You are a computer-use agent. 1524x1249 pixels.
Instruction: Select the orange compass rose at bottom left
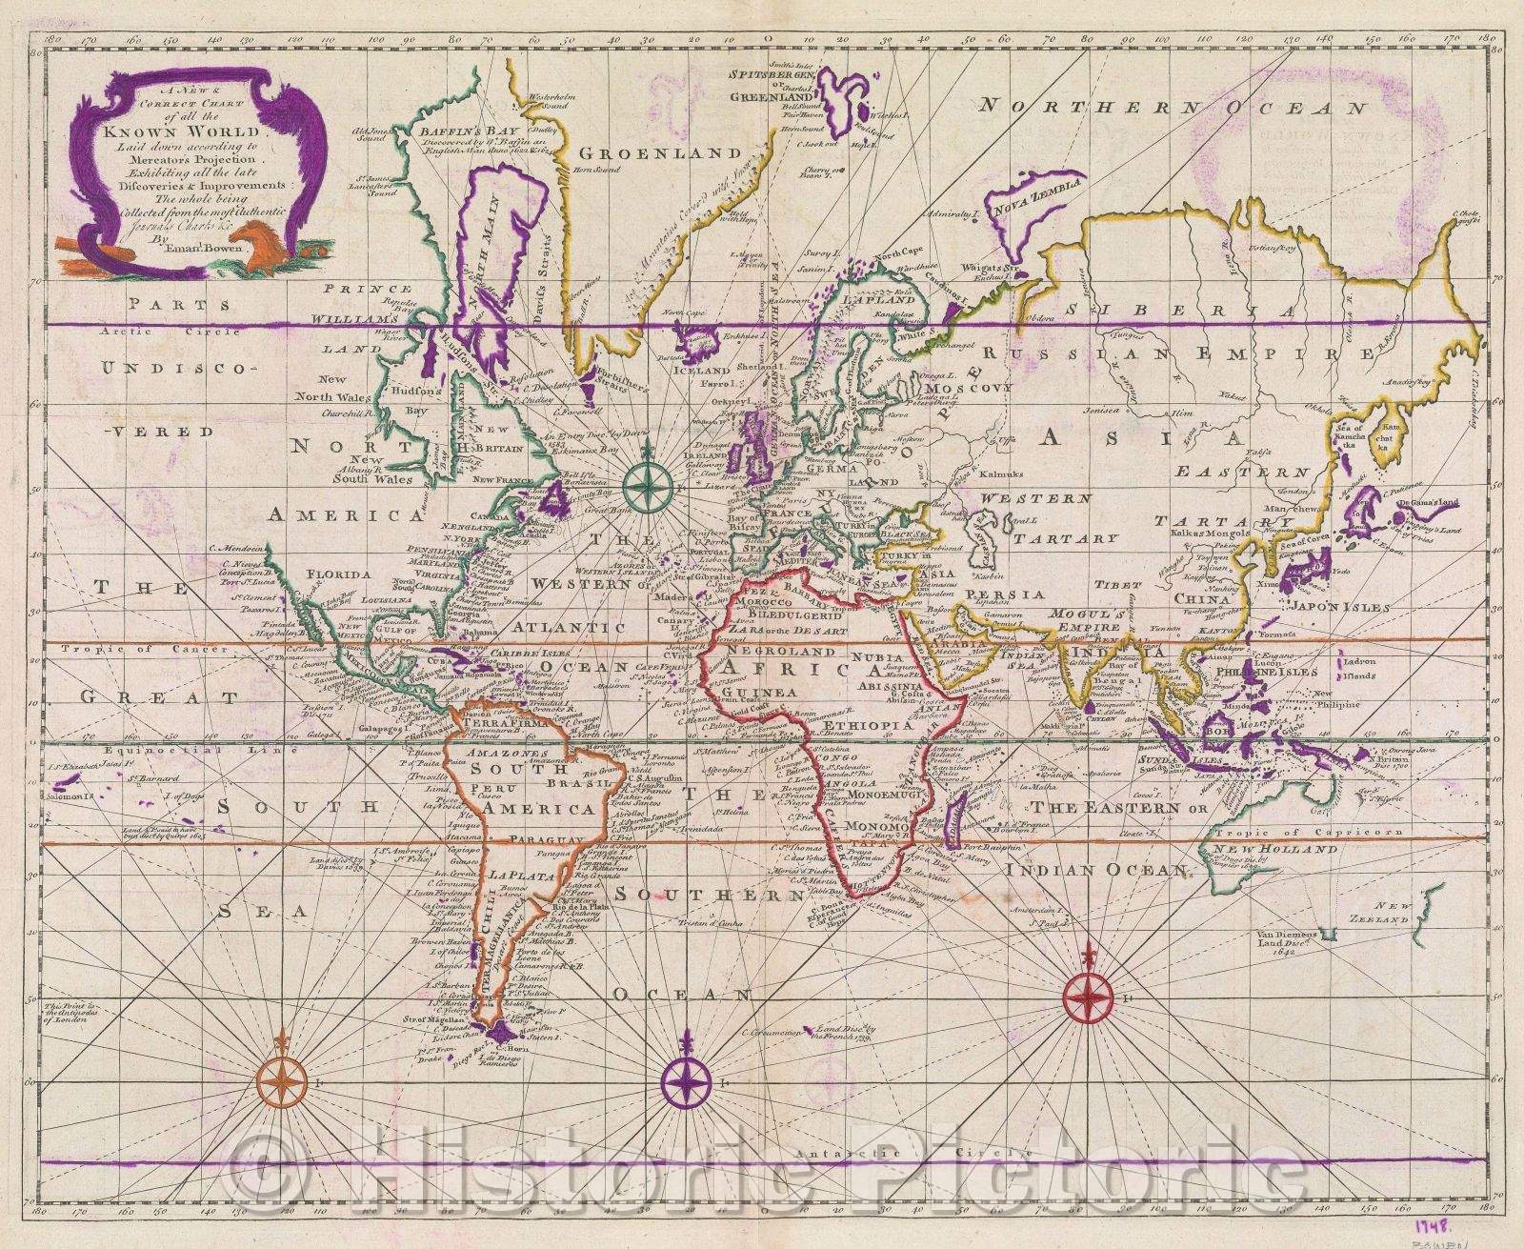[283, 1083]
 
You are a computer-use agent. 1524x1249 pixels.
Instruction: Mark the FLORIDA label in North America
[335, 574]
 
